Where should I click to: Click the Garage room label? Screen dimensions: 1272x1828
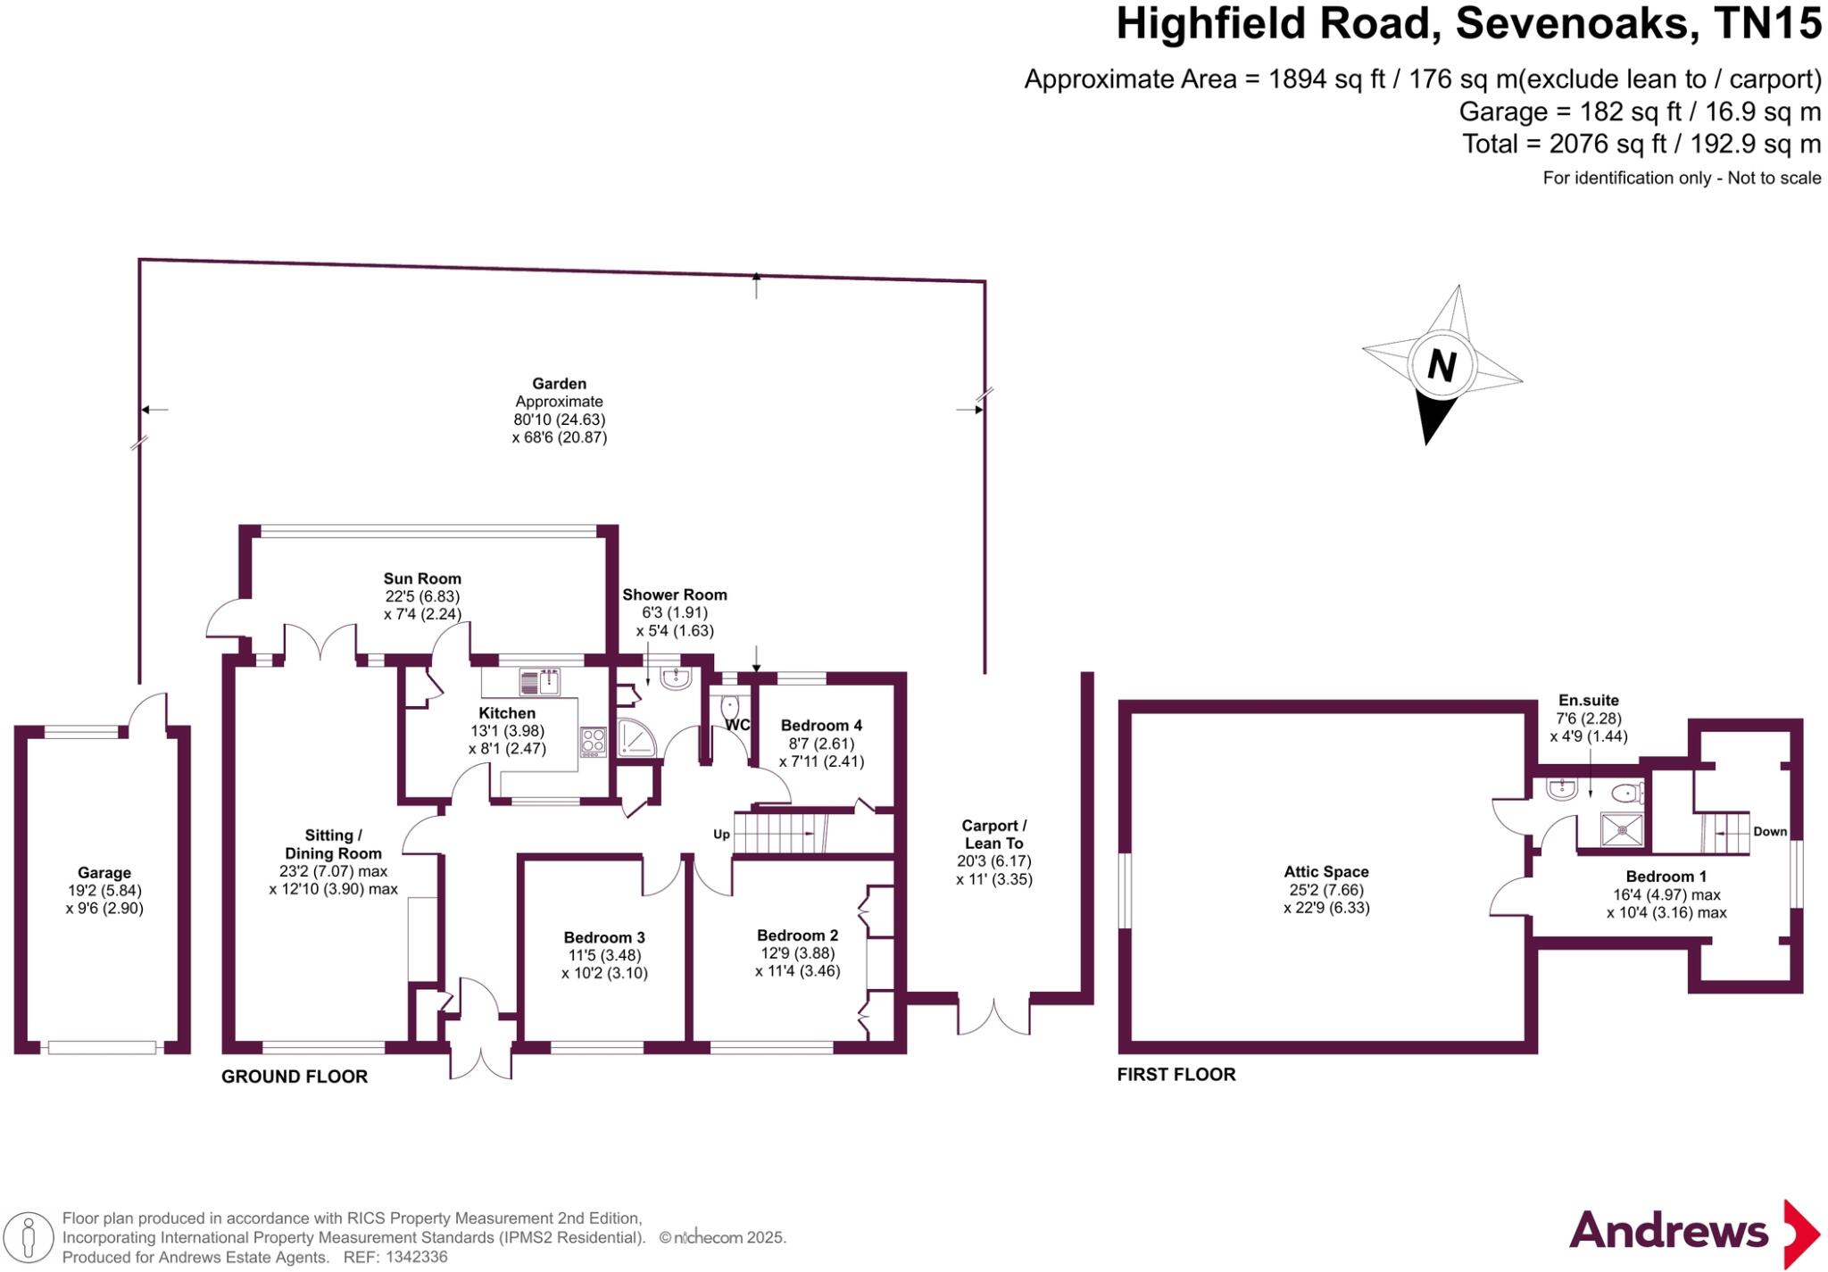(104, 873)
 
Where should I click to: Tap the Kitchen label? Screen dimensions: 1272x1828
(507, 713)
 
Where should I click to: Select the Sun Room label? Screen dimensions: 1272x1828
(422, 578)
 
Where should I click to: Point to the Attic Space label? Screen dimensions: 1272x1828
(1326, 872)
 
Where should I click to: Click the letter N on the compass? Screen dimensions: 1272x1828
(1442, 365)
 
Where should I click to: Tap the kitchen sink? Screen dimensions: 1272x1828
(539, 683)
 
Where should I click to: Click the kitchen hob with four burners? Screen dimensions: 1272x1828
(593, 741)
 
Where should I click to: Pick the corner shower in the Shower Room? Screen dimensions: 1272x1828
(635, 736)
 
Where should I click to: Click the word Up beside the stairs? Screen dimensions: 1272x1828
(721, 835)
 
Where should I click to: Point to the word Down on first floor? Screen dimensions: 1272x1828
(1770, 831)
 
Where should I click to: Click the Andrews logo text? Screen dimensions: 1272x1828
(1668, 1232)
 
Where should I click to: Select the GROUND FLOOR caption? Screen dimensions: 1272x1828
(295, 1077)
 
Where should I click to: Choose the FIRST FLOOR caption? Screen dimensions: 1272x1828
(1176, 1075)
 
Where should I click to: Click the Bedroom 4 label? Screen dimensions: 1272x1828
(821, 726)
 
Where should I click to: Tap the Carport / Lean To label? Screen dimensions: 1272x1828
(993, 835)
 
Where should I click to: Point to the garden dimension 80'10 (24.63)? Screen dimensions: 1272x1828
(559, 420)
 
